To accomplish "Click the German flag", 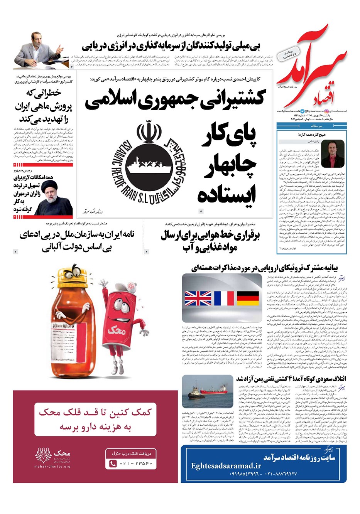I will [x=247, y=298].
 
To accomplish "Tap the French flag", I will [x=224, y=298].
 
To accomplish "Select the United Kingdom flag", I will [x=198, y=298].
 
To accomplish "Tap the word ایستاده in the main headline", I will [x=227, y=194].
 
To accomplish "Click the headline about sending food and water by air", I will [x=205, y=241].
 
